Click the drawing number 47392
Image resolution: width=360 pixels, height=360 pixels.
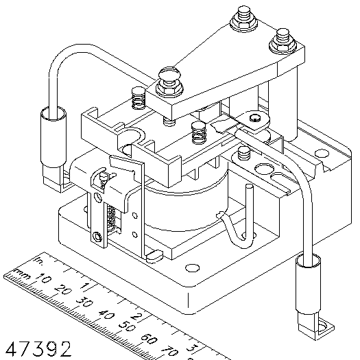(x=38, y=349)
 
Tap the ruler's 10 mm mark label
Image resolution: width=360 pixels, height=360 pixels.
(x=43, y=278)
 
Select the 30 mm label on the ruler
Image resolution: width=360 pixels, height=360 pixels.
(x=85, y=302)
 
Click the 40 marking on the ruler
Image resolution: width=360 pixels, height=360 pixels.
(x=106, y=314)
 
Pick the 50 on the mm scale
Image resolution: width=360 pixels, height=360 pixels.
(x=127, y=326)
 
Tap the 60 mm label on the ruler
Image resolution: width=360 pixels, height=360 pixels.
(x=149, y=339)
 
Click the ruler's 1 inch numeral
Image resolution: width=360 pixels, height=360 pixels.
(x=85, y=286)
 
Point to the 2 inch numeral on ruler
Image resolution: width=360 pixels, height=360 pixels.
(x=136, y=316)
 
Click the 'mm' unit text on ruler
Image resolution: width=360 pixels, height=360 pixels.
(x=22, y=274)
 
